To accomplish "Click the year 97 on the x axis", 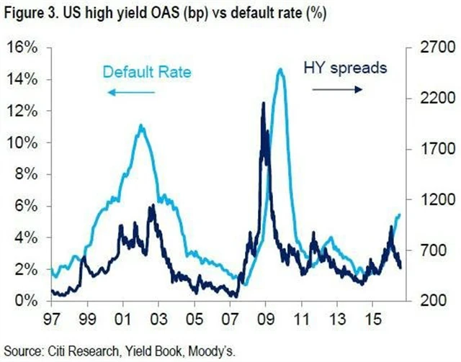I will point(52,317).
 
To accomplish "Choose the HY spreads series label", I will point(344,68).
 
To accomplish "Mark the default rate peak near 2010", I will point(279,69).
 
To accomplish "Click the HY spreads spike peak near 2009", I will point(263,103).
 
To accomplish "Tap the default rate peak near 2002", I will point(141,125).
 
